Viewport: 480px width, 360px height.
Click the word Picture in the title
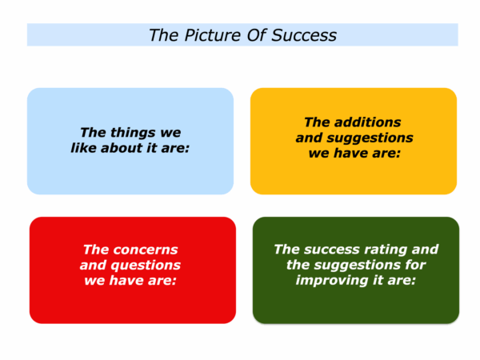(213, 35)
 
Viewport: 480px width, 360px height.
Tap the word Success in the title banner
(304, 35)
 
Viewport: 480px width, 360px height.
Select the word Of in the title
(257, 35)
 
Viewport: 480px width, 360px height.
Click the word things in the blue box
(133, 133)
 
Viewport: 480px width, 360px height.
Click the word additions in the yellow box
(367, 122)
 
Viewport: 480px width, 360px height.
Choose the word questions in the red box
(146, 266)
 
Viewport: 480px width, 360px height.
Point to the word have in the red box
(126, 280)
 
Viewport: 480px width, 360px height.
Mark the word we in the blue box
(170, 133)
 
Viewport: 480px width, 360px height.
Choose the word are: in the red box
(162, 280)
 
